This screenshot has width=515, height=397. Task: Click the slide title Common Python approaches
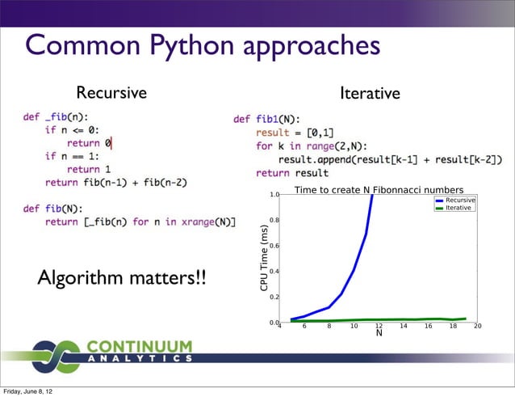(202, 45)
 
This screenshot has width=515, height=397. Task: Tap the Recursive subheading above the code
(111, 92)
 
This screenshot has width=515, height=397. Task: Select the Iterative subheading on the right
(370, 94)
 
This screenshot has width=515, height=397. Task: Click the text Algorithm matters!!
(122, 279)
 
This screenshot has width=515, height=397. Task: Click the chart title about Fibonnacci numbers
(379, 189)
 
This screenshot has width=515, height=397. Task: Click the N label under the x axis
(379, 332)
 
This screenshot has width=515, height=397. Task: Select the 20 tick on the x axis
(477, 327)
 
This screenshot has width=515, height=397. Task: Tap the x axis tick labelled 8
(329, 327)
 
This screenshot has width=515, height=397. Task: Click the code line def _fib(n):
(56, 117)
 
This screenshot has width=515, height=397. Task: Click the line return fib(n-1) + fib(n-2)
(119, 183)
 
